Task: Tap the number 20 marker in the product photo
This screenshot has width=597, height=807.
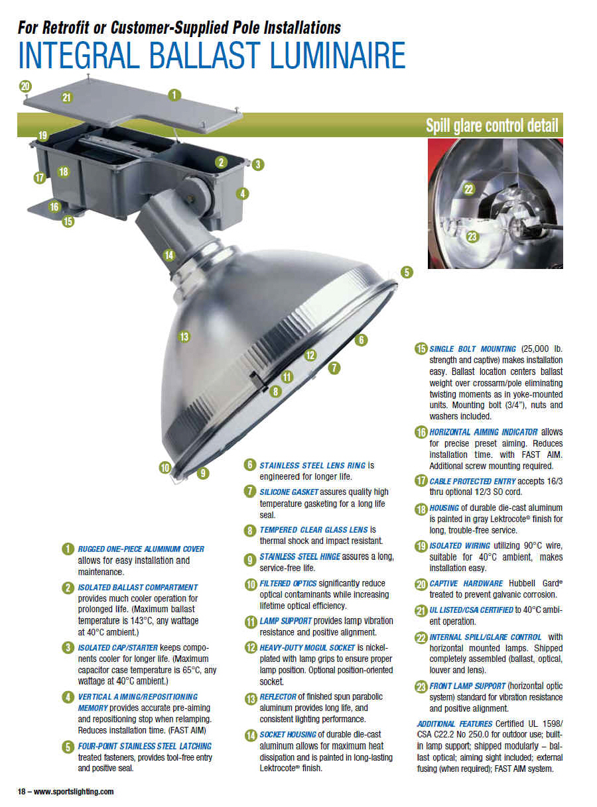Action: pyautogui.click(x=25, y=87)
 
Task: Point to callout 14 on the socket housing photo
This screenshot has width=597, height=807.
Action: pyautogui.click(x=169, y=255)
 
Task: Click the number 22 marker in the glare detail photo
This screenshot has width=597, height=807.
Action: pyautogui.click(x=468, y=189)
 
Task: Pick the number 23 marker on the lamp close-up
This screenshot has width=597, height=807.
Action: pyautogui.click(x=472, y=237)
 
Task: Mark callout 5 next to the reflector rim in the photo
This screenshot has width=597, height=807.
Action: pyautogui.click(x=406, y=272)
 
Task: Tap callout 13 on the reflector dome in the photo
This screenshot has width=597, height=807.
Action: pyautogui.click(x=184, y=337)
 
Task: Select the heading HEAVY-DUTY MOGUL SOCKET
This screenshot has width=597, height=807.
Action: pyautogui.click(x=306, y=647)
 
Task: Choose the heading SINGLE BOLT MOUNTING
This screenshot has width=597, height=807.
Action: pyautogui.click(x=472, y=349)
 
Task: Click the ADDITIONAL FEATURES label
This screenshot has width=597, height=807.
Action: pyautogui.click(x=454, y=724)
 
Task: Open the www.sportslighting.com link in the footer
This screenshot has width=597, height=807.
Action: pyautogui.click(x=73, y=791)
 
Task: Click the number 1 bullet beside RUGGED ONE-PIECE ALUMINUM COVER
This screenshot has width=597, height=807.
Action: pyautogui.click(x=68, y=549)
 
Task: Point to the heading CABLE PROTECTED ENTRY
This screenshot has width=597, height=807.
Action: pyautogui.click(x=472, y=481)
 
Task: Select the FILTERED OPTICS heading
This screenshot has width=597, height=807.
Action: pyautogui.click(x=288, y=583)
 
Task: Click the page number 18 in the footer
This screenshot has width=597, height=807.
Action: pyautogui.click(x=21, y=791)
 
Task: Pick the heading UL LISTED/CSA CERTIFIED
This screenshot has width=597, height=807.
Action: pyautogui.click(x=470, y=610)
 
